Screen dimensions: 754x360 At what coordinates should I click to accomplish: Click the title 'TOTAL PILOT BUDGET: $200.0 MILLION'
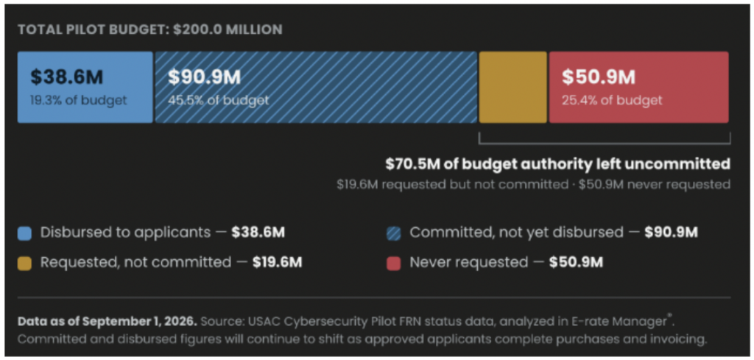(x=150, y=29)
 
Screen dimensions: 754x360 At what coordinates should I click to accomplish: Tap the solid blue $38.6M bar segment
(x=85, y=87)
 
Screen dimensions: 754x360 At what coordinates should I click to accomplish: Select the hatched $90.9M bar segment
(x=316, y=87)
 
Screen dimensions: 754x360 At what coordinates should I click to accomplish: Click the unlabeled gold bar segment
(x=513, y=87)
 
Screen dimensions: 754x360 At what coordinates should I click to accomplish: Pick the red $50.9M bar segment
(x=639, y=87)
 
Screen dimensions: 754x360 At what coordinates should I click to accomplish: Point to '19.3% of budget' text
(x=79, y=100)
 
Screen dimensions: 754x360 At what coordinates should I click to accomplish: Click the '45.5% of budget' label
(x=218, y=100)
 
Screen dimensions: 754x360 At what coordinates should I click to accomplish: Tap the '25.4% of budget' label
(x=612, y=100)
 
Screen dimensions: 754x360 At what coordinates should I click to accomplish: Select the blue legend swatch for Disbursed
(x=24, y=233)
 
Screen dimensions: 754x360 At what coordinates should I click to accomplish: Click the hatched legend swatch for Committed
(x=393, y=233)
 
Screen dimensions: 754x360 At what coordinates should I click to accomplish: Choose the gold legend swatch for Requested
(x=24, y=263)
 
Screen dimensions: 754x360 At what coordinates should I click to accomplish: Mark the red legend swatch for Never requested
(x=393, y=263)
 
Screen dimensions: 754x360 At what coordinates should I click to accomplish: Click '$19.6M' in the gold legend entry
(x=278, y=262)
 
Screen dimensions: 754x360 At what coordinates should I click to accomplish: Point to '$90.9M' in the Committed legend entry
(x=671, y=233)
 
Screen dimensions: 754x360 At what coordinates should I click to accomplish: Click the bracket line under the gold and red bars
(x=605, y=144)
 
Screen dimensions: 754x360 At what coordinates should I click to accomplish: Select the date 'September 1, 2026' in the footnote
(x=155, y=321)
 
